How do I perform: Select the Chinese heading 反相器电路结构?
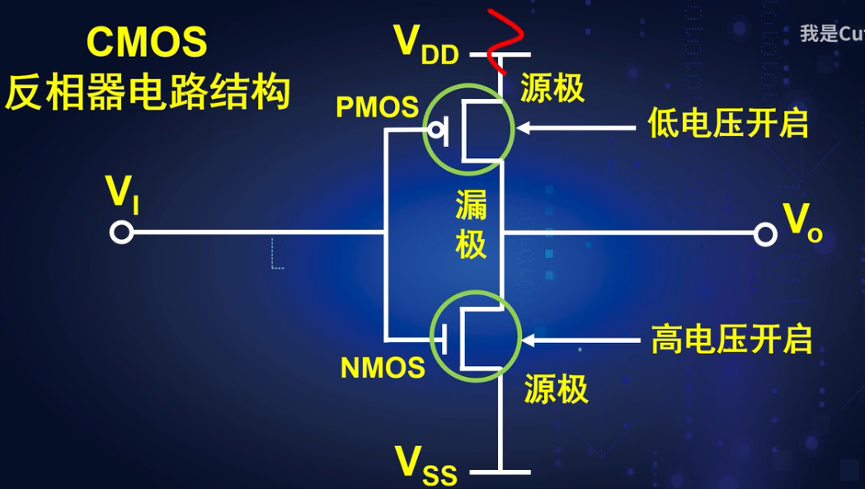click(148, 92)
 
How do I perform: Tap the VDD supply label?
click(425, 44)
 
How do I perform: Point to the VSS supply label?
click(425, 462)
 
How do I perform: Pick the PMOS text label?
click(377, 107)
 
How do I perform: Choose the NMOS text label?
click(383, 368)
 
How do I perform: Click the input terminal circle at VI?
click(121, 233)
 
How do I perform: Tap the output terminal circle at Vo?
click(765, 235)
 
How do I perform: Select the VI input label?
click(120, 193)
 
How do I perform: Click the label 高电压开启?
click(731, 339)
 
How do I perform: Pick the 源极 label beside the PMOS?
click(552, 87)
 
